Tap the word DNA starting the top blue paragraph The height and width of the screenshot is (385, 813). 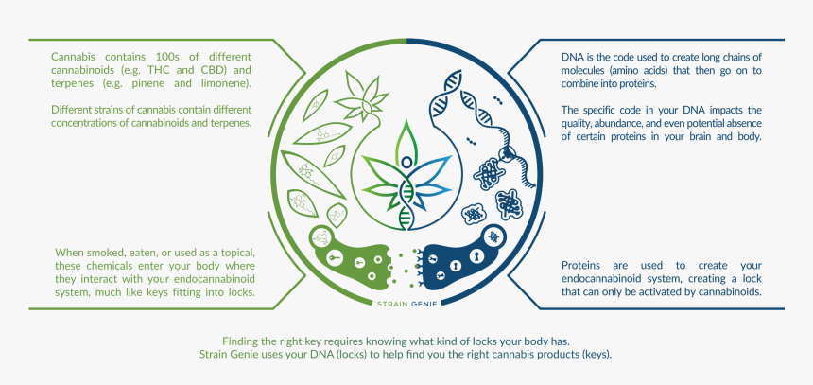(573, 57)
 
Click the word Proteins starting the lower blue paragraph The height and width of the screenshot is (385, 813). (585, 266)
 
